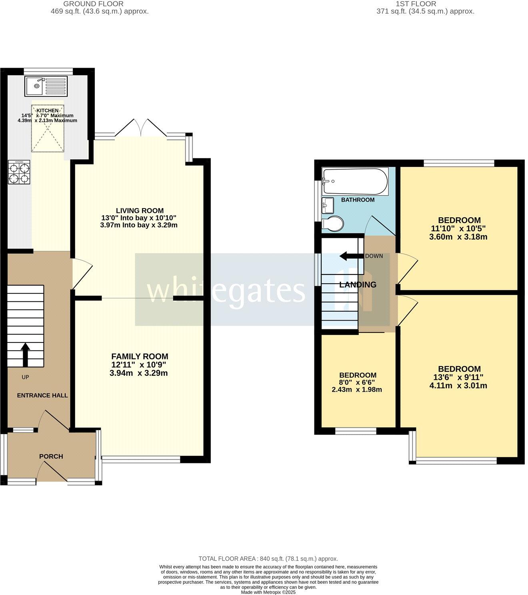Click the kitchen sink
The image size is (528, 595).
47,86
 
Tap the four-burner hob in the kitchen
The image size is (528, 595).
19,172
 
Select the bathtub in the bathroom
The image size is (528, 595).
355,181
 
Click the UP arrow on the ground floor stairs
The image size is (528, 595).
25,355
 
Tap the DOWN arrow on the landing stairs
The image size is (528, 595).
349,256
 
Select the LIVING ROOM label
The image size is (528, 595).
140,210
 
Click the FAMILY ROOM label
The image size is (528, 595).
140,356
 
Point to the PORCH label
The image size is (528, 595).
51,456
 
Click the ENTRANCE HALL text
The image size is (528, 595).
42,395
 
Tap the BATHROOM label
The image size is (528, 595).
358,200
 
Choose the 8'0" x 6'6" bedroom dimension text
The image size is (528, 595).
357,383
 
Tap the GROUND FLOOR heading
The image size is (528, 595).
100,4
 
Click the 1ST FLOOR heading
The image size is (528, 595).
425,4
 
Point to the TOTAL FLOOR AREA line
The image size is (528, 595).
268,559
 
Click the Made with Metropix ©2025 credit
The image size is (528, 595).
268,592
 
